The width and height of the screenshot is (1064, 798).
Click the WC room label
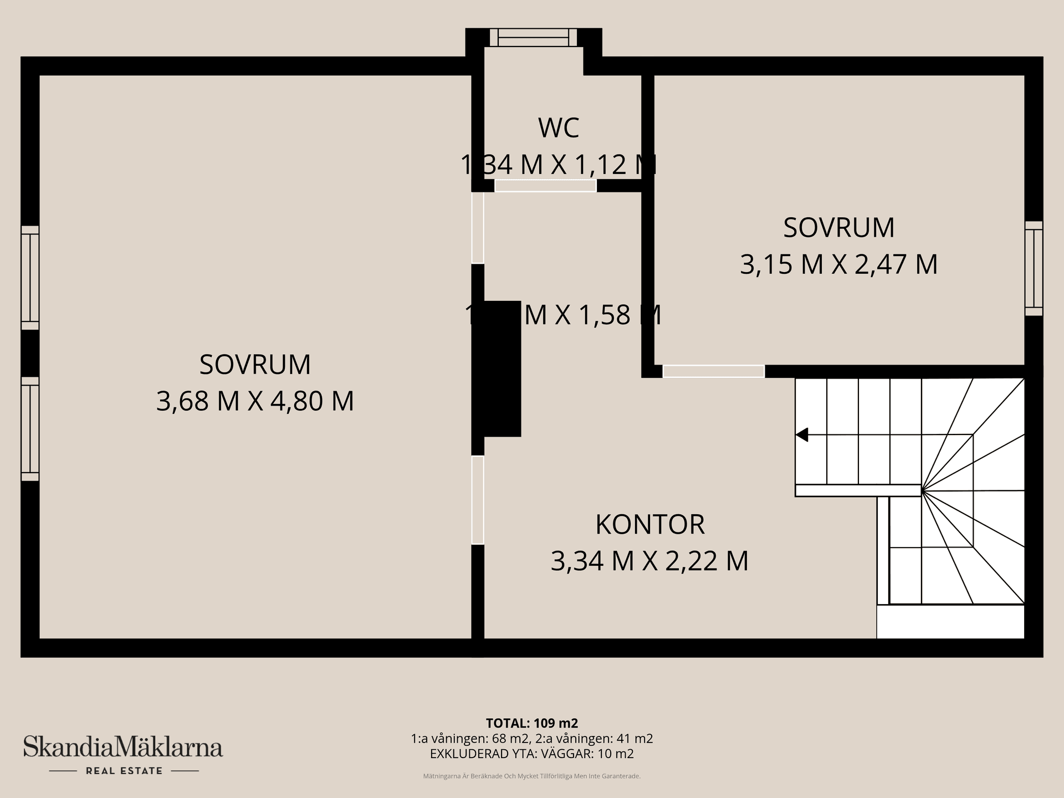point(559,128)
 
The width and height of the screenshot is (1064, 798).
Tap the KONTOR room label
point(649,525)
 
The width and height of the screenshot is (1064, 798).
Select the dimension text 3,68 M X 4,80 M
point(255,401)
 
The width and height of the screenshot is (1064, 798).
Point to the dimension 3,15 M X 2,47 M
point(838,264)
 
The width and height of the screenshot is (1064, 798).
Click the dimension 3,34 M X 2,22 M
point(649,561)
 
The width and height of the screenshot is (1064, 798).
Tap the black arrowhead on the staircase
point(802,435)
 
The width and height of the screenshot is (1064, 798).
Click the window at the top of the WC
point(534,38)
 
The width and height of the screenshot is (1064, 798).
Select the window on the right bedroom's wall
point(1034,268)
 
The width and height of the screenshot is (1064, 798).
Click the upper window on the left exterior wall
point(30,278)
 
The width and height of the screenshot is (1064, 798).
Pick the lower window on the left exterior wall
point(30,429)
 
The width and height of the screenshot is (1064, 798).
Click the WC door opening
point(545,186)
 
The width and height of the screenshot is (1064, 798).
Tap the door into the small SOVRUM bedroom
point(713,371)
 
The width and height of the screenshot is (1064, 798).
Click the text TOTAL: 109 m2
point(531,723)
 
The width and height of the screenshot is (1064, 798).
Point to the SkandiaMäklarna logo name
point(123,747)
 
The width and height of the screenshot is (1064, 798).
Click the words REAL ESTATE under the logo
point(124,771)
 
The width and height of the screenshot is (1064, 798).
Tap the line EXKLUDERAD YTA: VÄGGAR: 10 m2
point(531,754)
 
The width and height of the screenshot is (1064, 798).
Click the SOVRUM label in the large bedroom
point(255,365)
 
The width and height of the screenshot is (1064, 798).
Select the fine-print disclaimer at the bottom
point(531,776)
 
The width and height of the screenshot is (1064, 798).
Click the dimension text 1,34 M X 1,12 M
point(559,165)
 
